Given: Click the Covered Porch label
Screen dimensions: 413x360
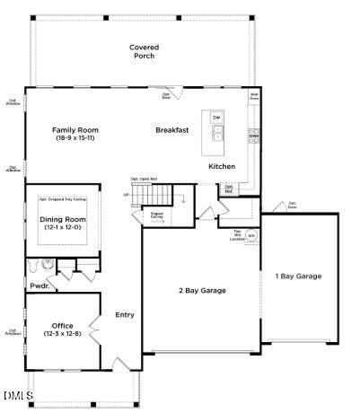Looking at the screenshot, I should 144,51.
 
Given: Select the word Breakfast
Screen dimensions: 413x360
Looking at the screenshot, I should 171,130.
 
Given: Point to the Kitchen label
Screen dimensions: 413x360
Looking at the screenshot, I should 222,166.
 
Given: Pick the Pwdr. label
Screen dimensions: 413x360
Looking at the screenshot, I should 39,286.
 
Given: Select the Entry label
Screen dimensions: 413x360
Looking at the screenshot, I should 125,314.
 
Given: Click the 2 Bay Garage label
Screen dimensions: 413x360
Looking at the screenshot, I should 201,290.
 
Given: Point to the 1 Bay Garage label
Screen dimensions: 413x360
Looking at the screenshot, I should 297,276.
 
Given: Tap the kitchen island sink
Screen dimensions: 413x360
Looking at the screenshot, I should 216,135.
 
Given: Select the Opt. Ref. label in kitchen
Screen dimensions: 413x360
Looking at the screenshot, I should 229,189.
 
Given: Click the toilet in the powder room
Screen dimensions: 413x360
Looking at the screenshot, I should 34,266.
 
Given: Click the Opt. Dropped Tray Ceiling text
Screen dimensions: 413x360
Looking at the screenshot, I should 63,199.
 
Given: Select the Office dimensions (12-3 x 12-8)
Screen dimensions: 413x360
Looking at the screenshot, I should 63,334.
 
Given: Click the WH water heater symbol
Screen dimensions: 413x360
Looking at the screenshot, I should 251,236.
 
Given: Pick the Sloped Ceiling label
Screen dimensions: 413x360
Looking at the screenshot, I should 157,215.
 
